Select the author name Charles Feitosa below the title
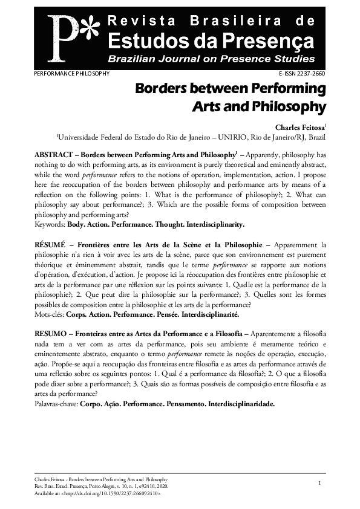pyautogui.click(x=299, y=128)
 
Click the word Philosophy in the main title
pyautogui.click(x=292, y=108)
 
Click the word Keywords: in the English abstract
pyautogui.click(x=50, y=224)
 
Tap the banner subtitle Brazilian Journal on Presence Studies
pyautogui.click(x=211, y=59)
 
